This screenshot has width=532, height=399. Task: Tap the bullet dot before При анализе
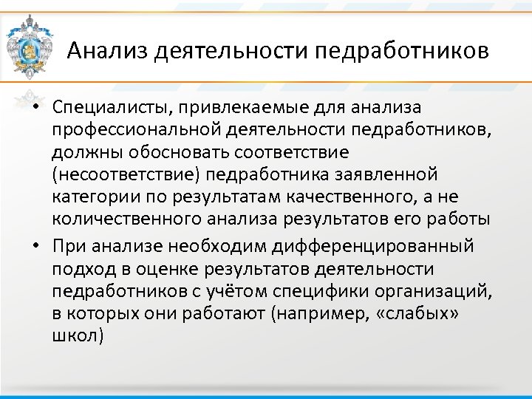tap(35, 246)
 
